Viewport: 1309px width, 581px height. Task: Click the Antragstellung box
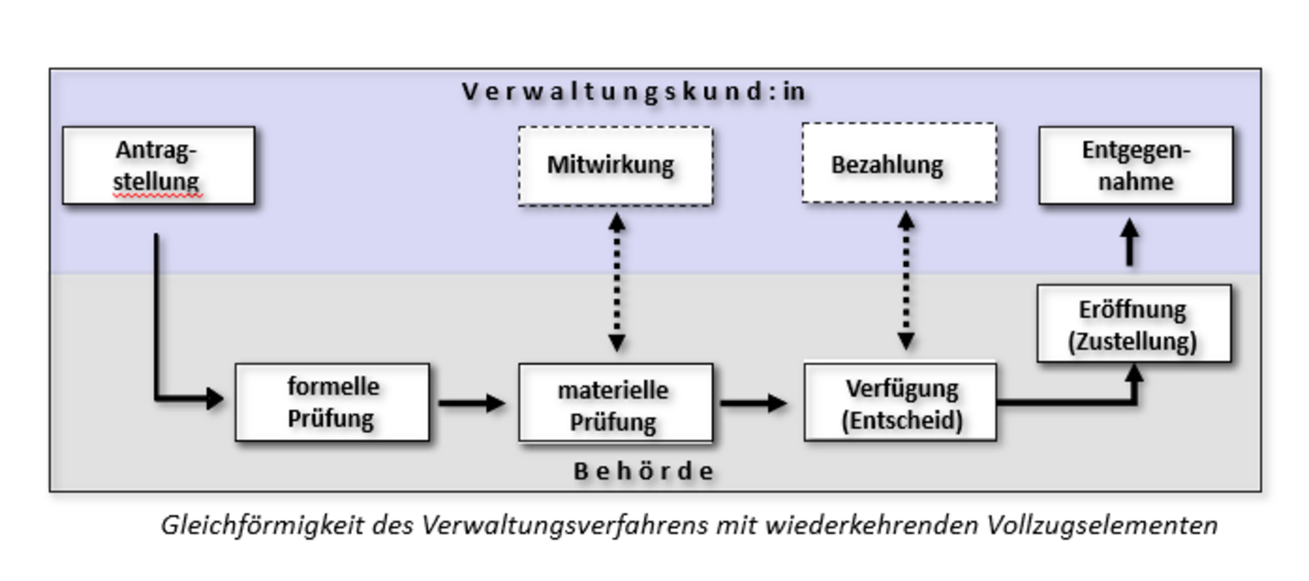click(158, 164)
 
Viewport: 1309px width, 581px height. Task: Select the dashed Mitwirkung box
click(615, 165)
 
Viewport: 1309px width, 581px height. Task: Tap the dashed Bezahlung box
click(898, 164)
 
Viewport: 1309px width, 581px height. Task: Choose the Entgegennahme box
click(1136, 164)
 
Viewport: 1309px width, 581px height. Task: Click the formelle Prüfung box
click(332, 402)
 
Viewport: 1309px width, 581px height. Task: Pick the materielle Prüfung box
click(615, 403)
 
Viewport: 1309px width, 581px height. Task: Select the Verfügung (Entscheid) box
click(900, 402)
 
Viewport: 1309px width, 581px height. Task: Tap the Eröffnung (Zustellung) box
click(1133, 323)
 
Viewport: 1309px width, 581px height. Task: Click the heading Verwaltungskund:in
click(634, 92)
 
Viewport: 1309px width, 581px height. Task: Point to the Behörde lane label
click(644, 471)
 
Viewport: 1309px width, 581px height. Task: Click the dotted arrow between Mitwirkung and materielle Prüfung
click(617, 282)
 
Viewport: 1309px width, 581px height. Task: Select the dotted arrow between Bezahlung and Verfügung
click(906, 281)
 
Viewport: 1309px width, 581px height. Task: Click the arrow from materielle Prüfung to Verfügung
click(753, 403)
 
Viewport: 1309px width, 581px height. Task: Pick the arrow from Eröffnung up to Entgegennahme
click(1130, 242)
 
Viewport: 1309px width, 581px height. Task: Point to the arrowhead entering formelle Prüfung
click(215, 399)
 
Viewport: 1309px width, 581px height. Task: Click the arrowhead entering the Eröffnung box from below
click(1134, 373)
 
